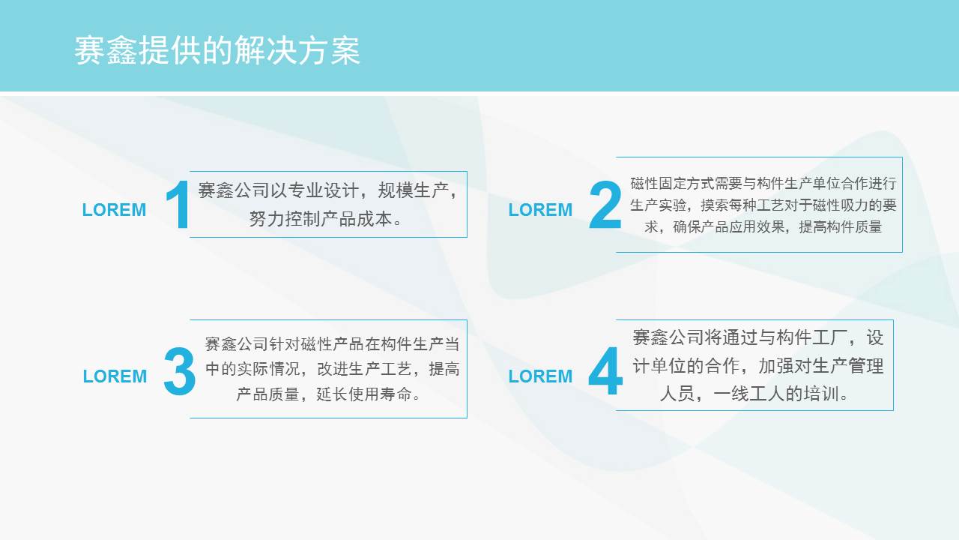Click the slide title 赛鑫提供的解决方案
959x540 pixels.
point(217,50)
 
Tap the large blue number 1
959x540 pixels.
point(178,205)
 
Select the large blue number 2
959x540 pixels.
point(605,205)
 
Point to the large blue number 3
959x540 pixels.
point(179,370)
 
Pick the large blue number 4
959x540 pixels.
point(605,370)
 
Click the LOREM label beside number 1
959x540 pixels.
point(114,210)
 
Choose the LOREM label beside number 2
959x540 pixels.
point(540,210)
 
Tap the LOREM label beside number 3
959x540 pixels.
point(115,376)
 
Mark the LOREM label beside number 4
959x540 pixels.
point(540,376)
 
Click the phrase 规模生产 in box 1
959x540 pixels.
point(413,190)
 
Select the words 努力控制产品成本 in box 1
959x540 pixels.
point(321,219)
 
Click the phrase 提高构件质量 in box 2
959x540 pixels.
point(841,226)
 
